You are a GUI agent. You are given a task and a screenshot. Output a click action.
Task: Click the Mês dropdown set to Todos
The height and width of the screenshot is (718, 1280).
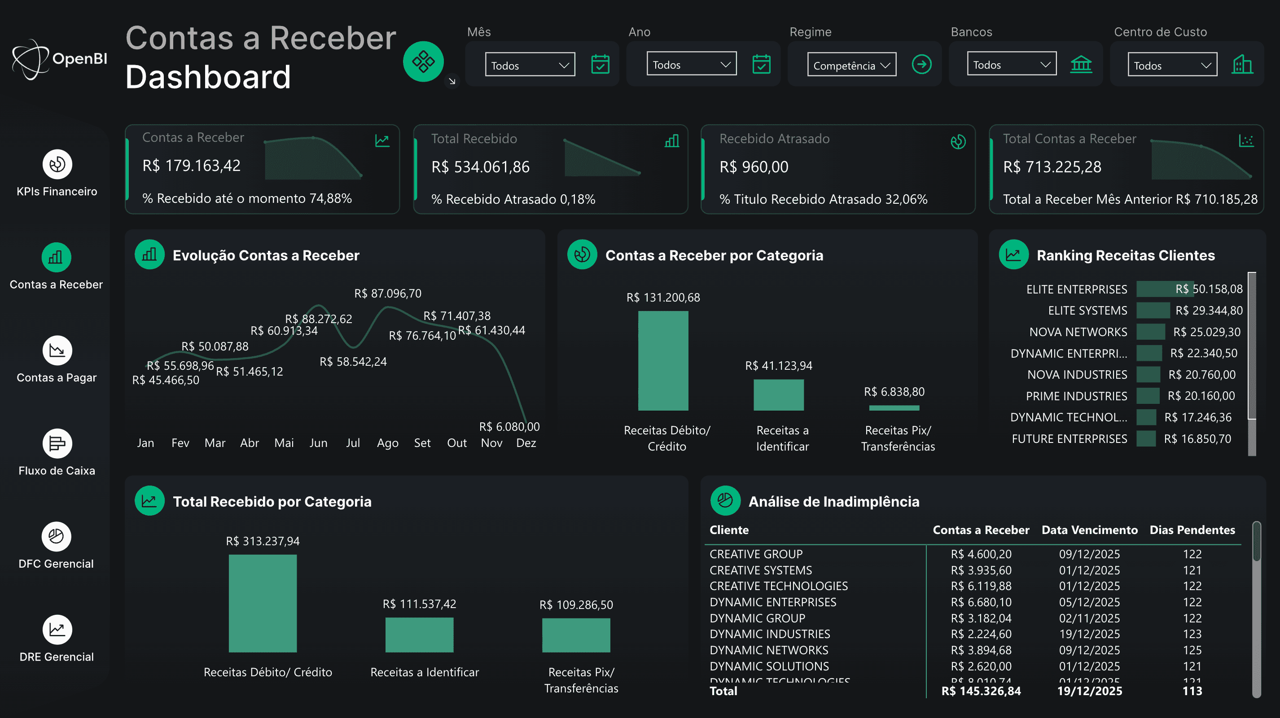pos(530,65)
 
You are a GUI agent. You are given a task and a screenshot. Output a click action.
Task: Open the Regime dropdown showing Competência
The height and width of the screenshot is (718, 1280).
pos(851,65)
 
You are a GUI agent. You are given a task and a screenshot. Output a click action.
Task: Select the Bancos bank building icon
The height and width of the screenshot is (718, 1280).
pos(1081,65)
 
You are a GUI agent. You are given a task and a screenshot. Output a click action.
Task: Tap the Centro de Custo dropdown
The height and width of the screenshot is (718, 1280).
pos(1172,65)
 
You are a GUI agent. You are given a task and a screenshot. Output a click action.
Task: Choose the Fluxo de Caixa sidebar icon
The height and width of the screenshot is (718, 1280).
pos(57,443)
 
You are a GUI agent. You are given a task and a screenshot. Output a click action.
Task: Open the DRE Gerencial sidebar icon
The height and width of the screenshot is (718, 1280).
pos(57,630)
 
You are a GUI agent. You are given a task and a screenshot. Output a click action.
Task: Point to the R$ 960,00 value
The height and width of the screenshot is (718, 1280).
pos(754,167)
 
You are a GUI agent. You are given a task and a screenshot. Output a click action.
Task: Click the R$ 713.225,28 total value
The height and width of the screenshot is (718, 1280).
pos(1052,167)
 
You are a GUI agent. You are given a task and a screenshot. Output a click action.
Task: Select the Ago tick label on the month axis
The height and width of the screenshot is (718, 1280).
pos(388,443)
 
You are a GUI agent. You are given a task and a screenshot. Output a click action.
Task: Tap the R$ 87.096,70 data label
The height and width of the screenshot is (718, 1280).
pos(388,293)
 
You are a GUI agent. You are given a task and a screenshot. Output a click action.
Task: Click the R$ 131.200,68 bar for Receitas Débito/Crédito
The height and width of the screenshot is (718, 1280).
pos(663,361)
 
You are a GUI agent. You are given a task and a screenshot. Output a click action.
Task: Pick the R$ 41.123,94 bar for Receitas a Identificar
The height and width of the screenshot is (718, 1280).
pos(778,395)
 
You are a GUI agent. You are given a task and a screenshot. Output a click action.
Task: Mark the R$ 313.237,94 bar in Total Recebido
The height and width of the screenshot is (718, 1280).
pos(263,603)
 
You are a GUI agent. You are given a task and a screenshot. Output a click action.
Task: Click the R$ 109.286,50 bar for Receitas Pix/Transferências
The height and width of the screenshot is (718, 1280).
pos(576,635)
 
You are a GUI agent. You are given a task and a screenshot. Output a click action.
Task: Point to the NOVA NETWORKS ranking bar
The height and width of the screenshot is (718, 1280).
pos(1150,332)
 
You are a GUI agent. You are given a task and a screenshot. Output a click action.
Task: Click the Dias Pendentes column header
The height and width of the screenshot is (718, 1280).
pos(1192,530)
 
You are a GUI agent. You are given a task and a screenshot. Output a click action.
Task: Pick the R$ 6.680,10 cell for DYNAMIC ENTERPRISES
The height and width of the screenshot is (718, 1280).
pos(981,602)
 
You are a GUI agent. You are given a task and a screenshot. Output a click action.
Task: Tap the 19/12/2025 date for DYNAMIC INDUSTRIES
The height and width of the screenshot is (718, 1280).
pos(1089,634)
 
